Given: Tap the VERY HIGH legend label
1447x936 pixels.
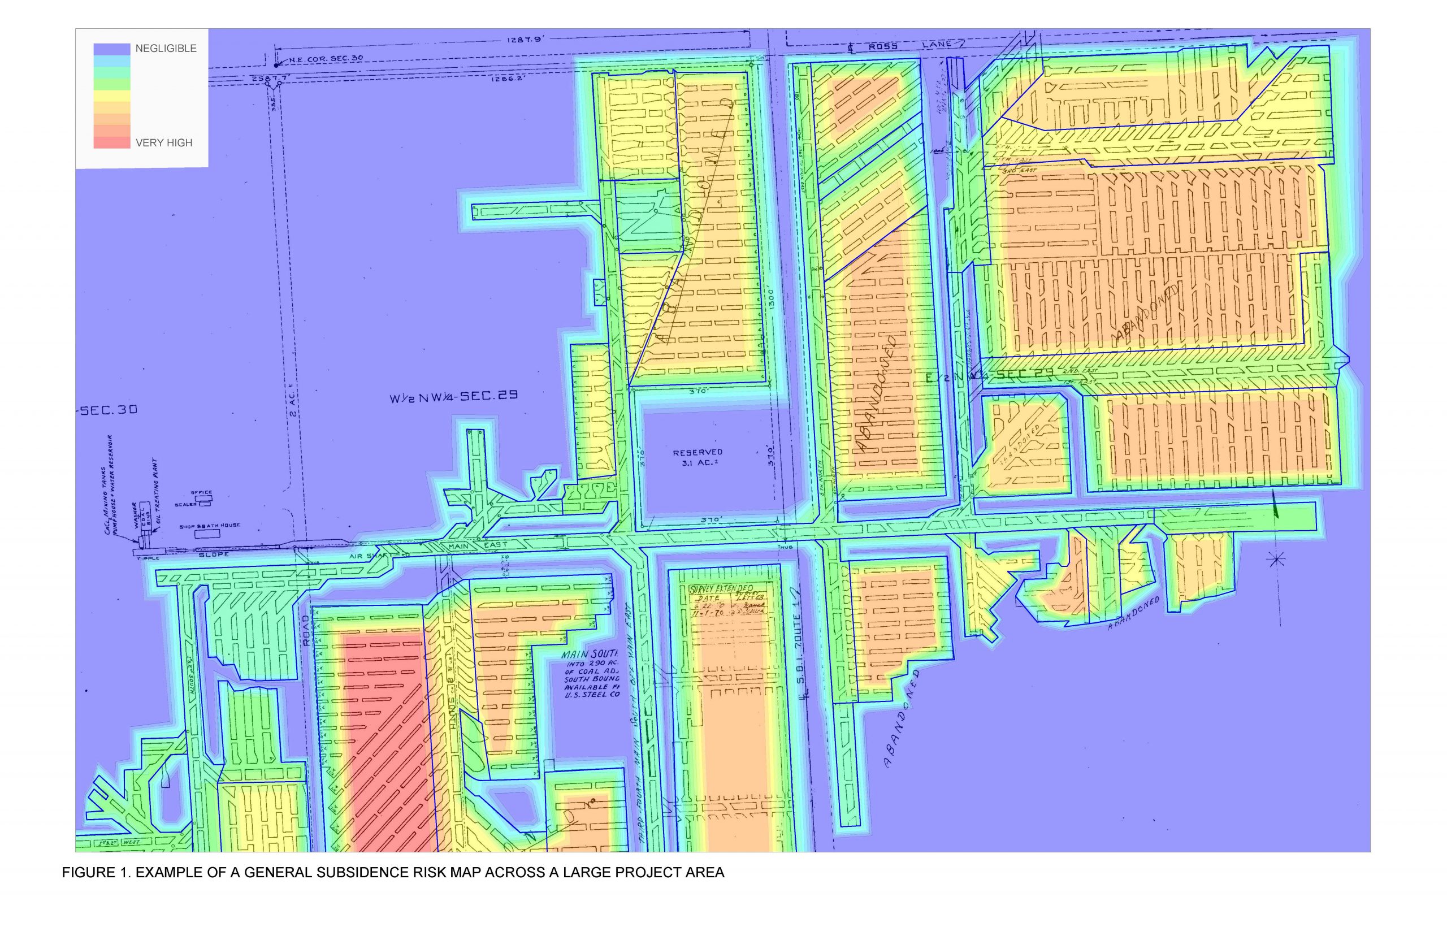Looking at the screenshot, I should [x=163, y=143].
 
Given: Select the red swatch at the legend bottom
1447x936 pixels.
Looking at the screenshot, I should [x=112, y=143].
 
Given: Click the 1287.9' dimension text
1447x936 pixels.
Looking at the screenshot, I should [x=524, y=40].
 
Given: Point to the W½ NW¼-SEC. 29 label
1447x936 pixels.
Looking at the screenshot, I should [x=453, y=397].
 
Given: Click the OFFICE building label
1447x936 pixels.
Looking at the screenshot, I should [x=201, y=492].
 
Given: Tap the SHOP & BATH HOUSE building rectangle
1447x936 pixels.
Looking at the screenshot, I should [x=207, y=533].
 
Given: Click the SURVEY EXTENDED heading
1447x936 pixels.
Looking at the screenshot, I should [x=721, y=589].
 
